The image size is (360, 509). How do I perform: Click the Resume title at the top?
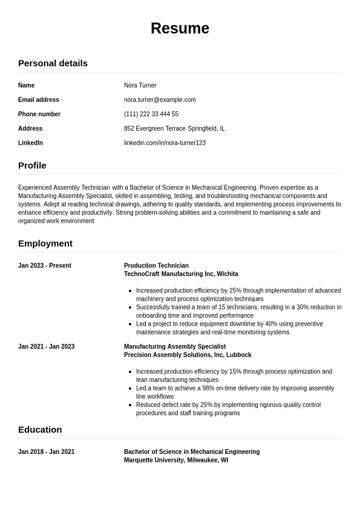180,28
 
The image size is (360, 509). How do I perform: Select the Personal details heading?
53,63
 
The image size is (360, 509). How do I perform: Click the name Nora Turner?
140,85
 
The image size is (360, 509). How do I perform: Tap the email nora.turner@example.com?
160,100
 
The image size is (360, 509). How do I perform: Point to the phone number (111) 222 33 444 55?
151,114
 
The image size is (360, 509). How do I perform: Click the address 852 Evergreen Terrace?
154,128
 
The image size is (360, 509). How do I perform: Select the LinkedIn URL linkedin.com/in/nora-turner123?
165,143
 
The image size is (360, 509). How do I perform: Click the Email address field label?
39,100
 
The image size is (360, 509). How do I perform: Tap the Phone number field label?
39,114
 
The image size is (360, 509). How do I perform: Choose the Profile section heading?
32,165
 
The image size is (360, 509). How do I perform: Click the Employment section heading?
45,243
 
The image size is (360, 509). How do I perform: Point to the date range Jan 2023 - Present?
45,266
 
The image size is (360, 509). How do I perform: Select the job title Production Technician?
156,266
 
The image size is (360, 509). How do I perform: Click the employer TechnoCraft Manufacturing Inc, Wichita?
181,274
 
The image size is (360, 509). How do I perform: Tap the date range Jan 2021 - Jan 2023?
46,347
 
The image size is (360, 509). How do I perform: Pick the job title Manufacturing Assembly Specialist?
175,347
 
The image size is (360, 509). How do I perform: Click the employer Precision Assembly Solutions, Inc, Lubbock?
188,355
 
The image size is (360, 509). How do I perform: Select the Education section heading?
40,430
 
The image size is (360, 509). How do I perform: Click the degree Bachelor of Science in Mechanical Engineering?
192,452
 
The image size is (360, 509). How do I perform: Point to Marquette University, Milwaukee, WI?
176,460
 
